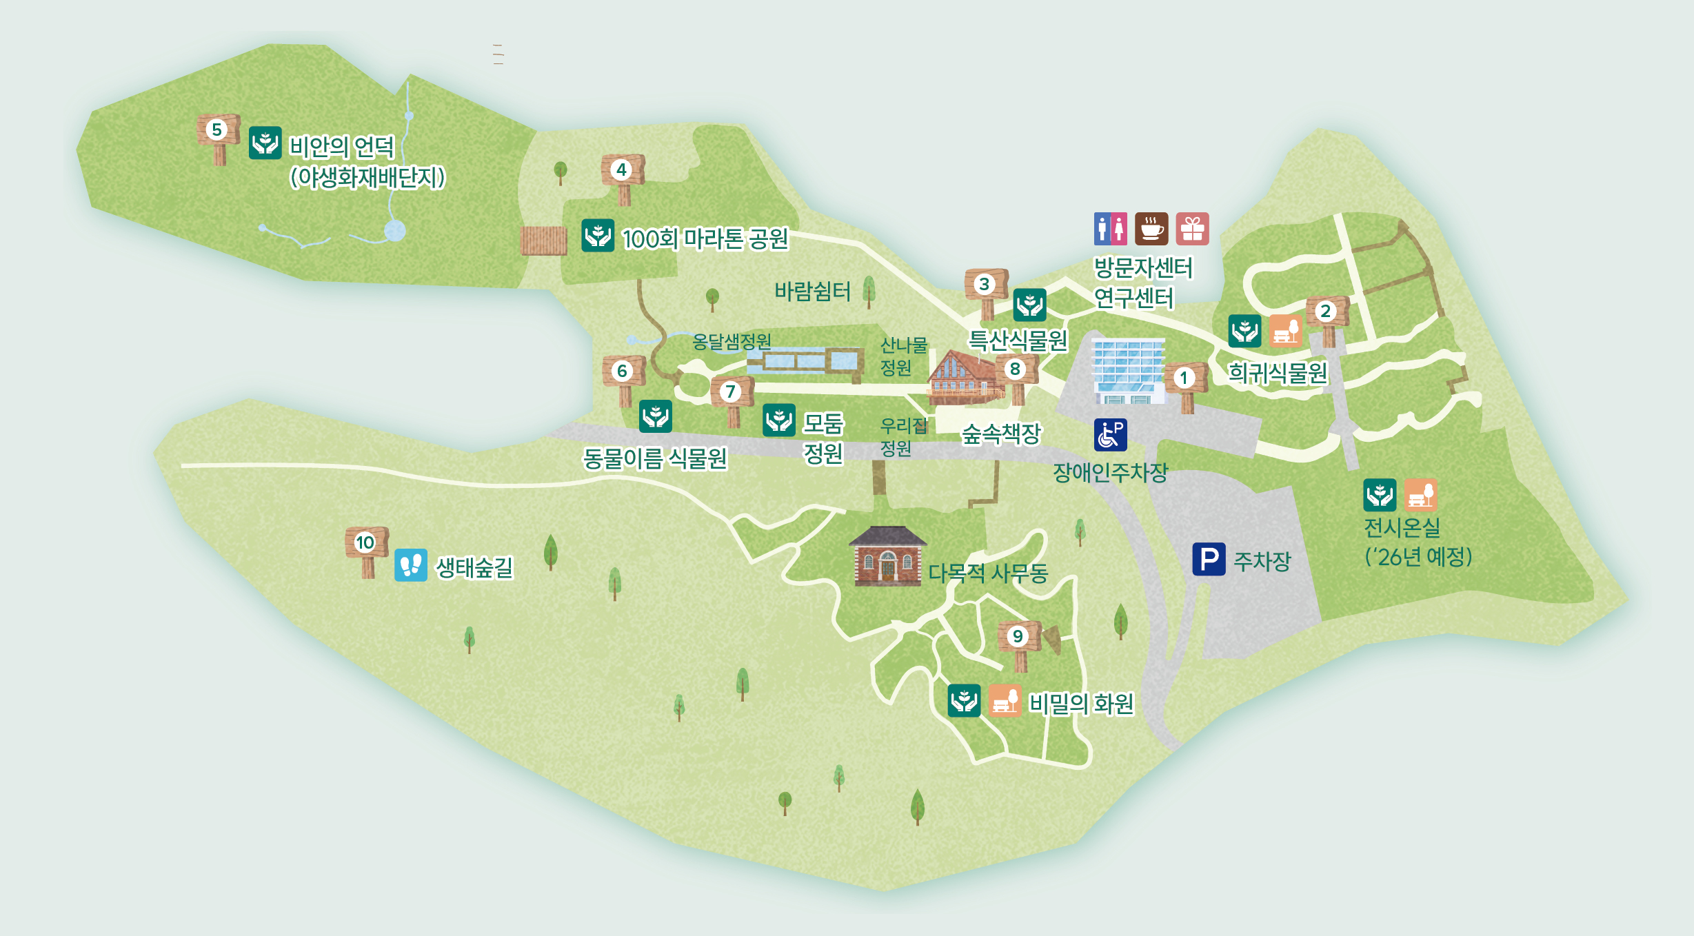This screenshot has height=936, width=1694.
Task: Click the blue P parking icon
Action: pyautogui.click(x=1209, y=559)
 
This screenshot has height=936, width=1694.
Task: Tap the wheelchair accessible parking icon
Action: pyautogui.click(x=1110, y=435)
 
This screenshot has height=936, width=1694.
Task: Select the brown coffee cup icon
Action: pyautogui.click(x=1151, y=229)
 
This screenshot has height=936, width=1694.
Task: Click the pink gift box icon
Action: pyautogui.click(x=1192, y=229)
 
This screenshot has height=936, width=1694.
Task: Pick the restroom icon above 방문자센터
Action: pyautogui.click(x=1110, y=229)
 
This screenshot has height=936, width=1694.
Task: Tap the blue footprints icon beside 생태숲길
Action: pyautogui.click(x=411, y=565)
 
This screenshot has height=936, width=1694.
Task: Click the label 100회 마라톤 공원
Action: pyautogui.click(x=705, y=239)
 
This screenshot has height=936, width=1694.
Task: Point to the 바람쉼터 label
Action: pyautogui.click(x=812, y=292)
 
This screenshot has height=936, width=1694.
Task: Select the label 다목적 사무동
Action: pyautogui.click(x=987, y=573)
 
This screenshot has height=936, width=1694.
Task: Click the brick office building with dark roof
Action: pyautogui.click(x=887, y=557)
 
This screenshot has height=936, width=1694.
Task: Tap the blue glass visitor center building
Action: pyautogui.click(x=1128, y=371)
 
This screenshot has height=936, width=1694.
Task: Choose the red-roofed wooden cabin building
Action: pyautogui.click(x=962, y=378)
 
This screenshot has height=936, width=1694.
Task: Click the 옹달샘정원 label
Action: pyautogui.click(x=732, y=341)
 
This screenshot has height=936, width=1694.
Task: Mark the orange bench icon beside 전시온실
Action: pyautogui.click(x=1420, y=495)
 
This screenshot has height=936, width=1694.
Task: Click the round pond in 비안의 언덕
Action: pyautogui.click(x=395, y=230)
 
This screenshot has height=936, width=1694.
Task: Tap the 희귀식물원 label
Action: pyautogui.click(x=1278, y=374)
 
